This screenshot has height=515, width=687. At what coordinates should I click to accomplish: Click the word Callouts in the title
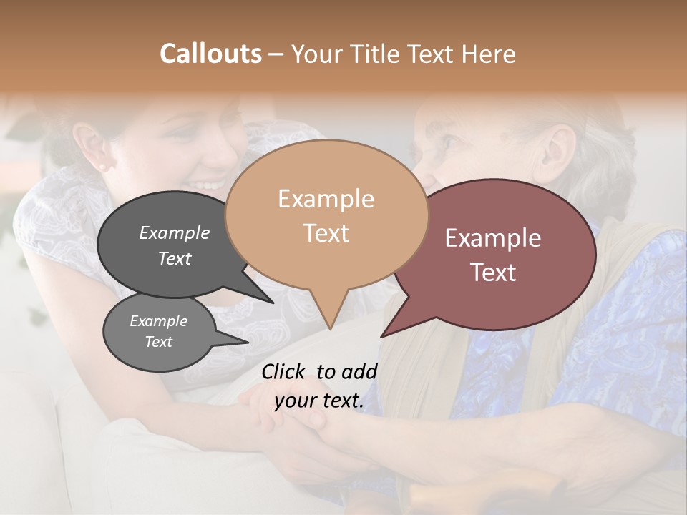(x=210, y=54)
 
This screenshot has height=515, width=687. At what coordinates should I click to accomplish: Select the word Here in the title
(x=489, y=54)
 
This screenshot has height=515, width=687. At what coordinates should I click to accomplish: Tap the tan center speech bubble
(x=326, y=215)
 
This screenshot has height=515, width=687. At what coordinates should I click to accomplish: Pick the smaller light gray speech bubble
(x=159, y=332)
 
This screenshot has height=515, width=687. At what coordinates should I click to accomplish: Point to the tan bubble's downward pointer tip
(x=330, y=328)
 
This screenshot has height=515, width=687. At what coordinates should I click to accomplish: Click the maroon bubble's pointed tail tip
(x=381, y=336)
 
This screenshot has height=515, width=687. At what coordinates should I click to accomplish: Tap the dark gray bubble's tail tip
(x=272, y=303)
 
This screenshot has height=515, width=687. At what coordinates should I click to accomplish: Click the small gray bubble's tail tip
(x=248, y=342)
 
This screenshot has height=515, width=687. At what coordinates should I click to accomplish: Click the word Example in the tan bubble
(x=326, y=199)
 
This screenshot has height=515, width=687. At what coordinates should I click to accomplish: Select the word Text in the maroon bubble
(x=493, y=273)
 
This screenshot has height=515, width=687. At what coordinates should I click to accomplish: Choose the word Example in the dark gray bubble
(x=175, y=232)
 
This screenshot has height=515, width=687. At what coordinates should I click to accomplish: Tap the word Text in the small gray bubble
(x=159, y=342)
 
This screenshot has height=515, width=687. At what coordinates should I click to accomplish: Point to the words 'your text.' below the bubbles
(x=319, y=401)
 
